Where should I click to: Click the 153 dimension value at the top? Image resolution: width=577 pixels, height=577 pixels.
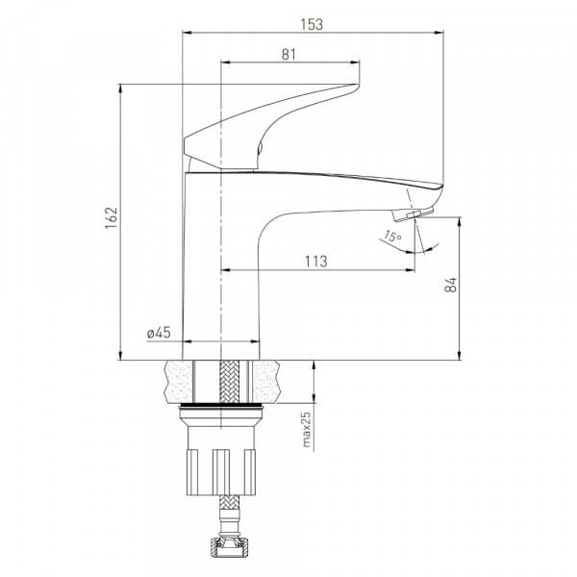(312, 24)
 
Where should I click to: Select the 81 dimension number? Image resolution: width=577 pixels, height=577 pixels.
(288, 55)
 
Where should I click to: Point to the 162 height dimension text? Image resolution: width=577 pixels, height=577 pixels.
(111, 218)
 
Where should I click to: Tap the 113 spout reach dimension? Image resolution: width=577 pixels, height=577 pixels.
(315, 262)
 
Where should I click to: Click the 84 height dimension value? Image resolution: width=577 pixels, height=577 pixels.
(450, 285)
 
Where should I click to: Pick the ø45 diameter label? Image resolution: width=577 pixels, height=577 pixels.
(159, 333)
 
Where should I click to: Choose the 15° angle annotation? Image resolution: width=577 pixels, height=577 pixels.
(392, 236)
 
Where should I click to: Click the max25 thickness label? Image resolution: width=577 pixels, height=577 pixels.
(306, 429)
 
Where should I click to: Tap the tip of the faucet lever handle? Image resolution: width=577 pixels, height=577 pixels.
(358, 87)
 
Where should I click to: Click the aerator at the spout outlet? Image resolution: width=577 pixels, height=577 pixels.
(414, 214)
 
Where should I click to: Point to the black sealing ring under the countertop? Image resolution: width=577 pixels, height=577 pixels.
(220, 406)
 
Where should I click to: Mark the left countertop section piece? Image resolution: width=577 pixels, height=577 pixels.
(180, 382)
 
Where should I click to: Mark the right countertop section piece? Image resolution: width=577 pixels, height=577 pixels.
(265, 382)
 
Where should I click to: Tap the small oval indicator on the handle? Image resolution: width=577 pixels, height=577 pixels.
(260, 149)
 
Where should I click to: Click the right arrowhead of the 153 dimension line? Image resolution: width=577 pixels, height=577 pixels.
(439, 33)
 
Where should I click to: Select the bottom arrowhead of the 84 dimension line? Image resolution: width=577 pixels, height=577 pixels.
(460, 355)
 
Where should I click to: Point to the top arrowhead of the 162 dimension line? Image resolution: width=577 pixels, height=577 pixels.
(120, 89)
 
